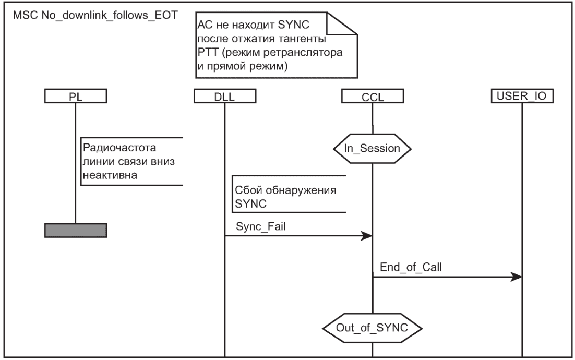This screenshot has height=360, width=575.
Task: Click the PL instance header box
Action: point(75,96)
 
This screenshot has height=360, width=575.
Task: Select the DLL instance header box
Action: point(225,96)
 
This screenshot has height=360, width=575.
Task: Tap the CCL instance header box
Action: point(372,96)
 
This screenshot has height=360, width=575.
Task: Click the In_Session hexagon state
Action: point(372,148)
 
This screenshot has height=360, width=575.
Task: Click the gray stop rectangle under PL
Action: point(75,230)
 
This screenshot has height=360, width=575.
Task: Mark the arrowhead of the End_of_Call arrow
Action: point(517,276)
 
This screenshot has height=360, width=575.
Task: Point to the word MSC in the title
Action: point(26,14)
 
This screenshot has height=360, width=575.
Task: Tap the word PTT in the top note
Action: point(209,54)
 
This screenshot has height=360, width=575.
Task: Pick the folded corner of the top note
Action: point(344,24)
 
